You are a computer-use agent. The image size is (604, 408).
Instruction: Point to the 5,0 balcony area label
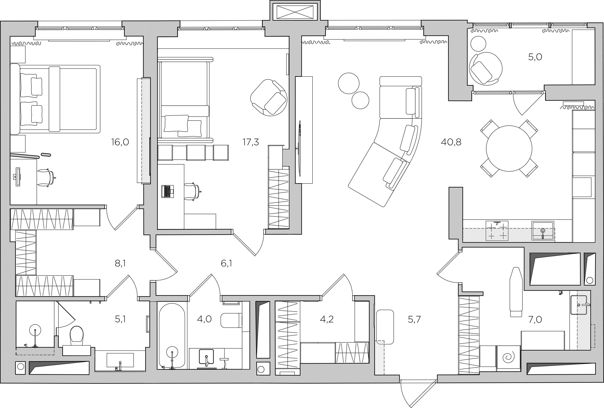535,57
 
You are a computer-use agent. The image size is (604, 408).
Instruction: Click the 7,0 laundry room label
535,319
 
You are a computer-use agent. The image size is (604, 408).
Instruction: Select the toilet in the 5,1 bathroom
77,335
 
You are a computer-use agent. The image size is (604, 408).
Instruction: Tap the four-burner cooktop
497,231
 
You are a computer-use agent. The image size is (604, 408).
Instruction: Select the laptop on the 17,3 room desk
168,191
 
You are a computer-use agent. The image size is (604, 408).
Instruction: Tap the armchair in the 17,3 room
269,97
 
